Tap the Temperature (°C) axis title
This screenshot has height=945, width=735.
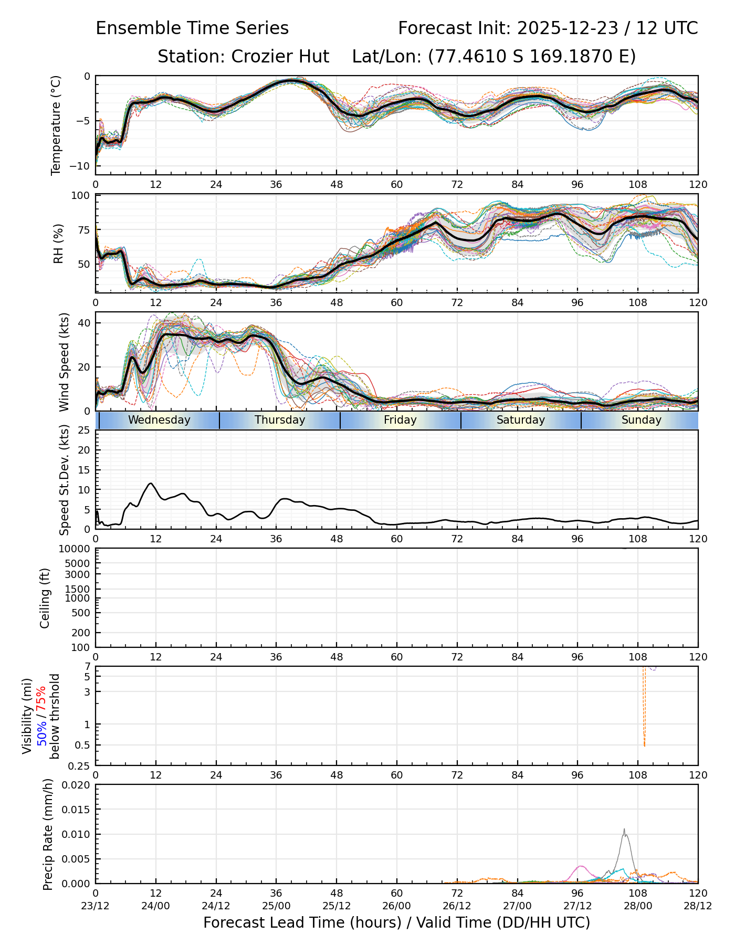[x=56, y=125]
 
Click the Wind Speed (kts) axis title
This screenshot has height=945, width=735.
[x=64, y=362]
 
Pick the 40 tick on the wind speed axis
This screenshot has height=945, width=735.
[x=84, y=322]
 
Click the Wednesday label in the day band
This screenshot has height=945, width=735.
[x=159, y=420]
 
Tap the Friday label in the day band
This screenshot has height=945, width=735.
[x=400, y=420]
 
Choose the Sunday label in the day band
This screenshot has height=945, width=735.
[x=641, y=420]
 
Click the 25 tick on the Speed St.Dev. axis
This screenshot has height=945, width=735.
[x=84, y=430]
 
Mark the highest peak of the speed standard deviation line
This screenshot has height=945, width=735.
[x=151, y=483]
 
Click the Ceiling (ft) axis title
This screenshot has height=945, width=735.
[x=45, y=598]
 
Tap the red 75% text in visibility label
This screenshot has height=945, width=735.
[x=41, y=699]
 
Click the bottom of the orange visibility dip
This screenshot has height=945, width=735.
[x=644, y=745]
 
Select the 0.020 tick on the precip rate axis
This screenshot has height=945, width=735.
[x=77, y=785]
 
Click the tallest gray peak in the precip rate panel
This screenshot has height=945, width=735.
[x=624, y=829]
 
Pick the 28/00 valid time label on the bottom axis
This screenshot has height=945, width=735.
[x=638, y=906]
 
